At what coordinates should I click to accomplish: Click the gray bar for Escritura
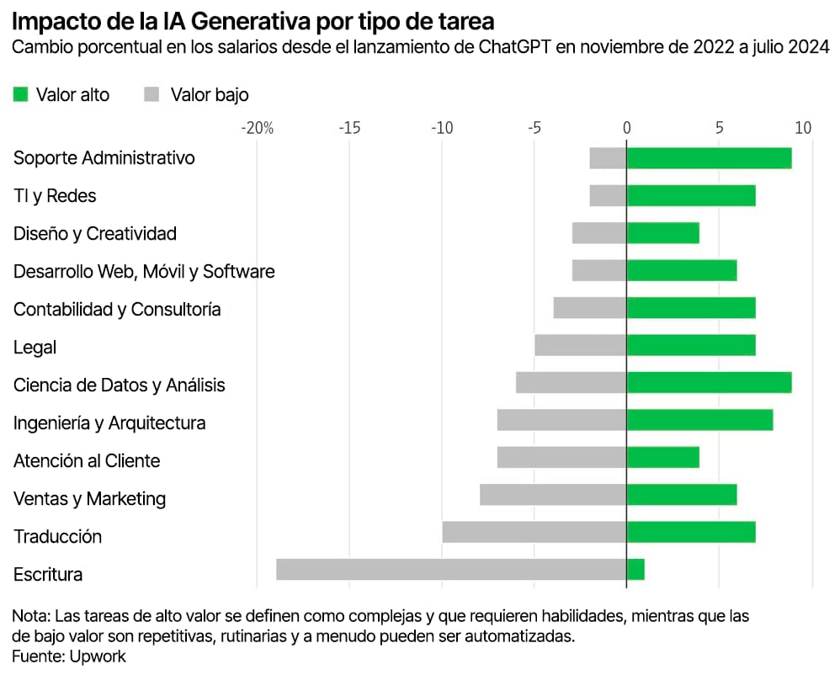tap(451, 570)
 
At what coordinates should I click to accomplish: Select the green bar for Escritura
tap(635, 570)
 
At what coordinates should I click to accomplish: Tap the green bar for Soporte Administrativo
tap(709, 158)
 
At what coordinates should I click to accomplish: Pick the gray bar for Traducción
tap(534, 532)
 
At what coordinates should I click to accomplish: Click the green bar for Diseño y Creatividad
tap(662, 233)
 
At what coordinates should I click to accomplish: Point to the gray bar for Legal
tap(581, 345)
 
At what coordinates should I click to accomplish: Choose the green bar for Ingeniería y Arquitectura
tap(699, 419)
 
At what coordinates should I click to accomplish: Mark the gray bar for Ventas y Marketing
tap(553, 494)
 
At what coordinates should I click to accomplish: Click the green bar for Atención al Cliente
tap(662, 457)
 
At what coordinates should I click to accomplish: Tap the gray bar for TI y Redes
tap(608, 195)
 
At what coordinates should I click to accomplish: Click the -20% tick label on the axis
tap(257, 128)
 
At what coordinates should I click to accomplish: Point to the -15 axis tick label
tap(349, 128)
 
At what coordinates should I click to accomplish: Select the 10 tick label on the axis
tap(802, 128)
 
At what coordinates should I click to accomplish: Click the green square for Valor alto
tap(21, 94)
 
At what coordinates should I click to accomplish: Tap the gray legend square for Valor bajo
tap(152, 94)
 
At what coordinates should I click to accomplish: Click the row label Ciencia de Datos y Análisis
tap(120, 385)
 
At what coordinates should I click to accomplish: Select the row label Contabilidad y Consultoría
tap(117, 310)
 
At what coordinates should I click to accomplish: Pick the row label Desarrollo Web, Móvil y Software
tap(144, 272)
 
